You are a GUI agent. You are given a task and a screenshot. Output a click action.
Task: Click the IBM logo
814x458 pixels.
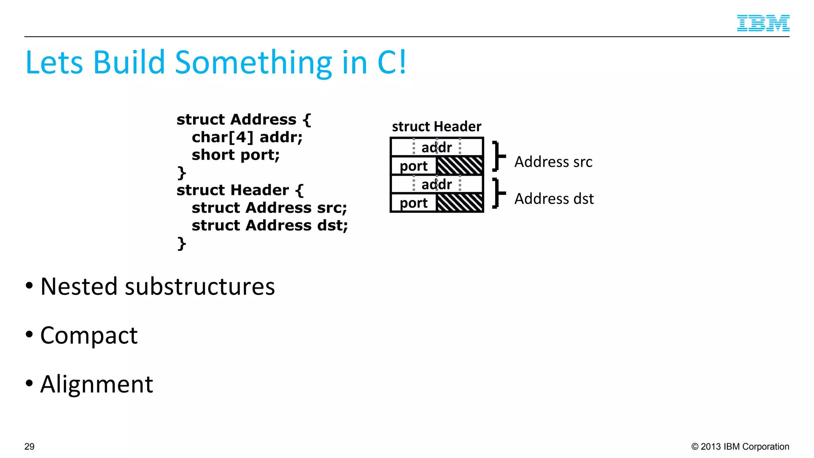(x=763, y=23)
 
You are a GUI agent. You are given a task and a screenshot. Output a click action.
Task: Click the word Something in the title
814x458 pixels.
(x=253, y=62)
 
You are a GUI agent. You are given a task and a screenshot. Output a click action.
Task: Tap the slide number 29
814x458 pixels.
(x=29, y=446)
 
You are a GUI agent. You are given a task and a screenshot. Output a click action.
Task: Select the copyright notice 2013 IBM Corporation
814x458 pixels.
(x=740, y=446)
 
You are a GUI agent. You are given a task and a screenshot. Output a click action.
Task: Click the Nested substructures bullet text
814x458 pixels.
(x=157, y=286)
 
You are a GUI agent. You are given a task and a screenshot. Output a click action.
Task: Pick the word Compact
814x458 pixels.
(x=89, y=335)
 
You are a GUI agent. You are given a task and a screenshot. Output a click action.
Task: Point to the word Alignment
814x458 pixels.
(x=97, y=384)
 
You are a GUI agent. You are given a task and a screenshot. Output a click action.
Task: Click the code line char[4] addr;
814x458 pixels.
(x=247, y=137)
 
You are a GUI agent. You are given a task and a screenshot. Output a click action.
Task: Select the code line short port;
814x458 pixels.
(x=236, y=155)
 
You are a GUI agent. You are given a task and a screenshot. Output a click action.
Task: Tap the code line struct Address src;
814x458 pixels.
(x=269, y=208)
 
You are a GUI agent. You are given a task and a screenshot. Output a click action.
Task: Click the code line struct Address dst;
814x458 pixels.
(x=269, y=225)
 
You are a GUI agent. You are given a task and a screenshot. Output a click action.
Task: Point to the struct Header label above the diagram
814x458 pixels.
(x=436, y=126)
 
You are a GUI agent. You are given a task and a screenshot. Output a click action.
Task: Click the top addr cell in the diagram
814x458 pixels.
(x=436, y=147)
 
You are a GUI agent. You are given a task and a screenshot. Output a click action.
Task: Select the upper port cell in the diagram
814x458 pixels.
(x=413, y=166)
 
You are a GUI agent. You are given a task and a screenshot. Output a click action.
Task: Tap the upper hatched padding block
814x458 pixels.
(x=459, y=166)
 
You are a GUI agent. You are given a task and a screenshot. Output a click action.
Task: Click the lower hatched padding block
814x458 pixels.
(x=459, y=203)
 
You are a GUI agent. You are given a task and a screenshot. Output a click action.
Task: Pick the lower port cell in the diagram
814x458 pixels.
(x=413, y=203)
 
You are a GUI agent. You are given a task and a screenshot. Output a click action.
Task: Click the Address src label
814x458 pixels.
(x=553, y=162)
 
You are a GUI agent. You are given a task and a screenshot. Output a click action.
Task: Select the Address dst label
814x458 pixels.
(x=554, y=199)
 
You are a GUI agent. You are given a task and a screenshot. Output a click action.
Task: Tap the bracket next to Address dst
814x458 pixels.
(x=498, y=193)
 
